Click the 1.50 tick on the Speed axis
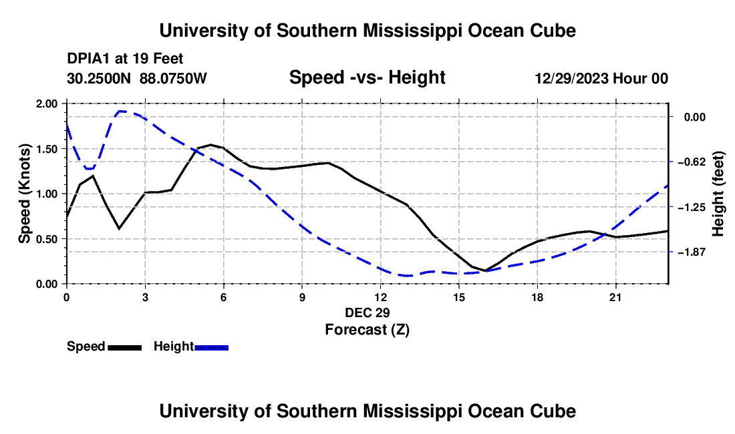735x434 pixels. click(x=47, y=149)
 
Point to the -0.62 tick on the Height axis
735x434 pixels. click(x=695, y=162)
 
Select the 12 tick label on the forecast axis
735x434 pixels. click(x=381, y=297)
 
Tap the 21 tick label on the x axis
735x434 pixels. click(x=615, y=297)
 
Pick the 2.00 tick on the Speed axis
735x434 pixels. click(x=47, y=103)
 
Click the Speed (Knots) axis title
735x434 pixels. click(x=24, y=194)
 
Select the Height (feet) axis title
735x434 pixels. click(x=718, y=194)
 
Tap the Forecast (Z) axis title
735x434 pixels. click(x=367, y=330)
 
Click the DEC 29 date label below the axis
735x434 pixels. click(x=367, y=312)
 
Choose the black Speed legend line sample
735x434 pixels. click(x=125, y=347)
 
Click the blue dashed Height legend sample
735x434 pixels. click(x=211, y=347)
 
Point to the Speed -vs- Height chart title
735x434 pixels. click(x=367, y=77)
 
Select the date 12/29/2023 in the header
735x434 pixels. click(x=571, y=78)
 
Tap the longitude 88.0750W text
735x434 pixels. click(x=173, y=78)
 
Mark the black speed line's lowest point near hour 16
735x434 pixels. click(x=485, y=270)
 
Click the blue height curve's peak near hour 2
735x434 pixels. click(x=121, y=112)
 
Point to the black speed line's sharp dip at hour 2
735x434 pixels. click(x=119, y=228)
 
